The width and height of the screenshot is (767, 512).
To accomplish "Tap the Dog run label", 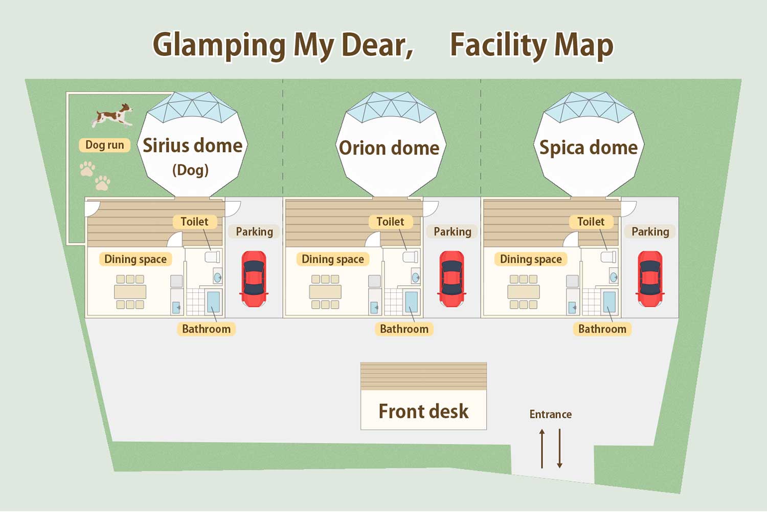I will (x=104, y=145).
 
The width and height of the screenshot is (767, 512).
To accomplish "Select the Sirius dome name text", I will (x=192, y=145).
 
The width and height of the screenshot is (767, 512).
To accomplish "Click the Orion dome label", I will (x=389, y=148).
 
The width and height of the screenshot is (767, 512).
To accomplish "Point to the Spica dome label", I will (x=589, y=147).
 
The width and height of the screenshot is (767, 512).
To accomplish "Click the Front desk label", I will (x=423, y=411).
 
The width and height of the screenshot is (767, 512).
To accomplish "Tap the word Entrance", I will (x=550, y=414).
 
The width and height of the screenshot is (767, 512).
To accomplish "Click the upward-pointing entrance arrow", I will (x=542, y=449).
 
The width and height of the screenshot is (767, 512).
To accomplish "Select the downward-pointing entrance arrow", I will (x=559, y=449).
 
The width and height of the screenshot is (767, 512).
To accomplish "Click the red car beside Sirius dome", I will (x=254, y=279).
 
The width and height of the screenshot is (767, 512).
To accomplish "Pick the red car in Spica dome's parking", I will (x=650, y=279).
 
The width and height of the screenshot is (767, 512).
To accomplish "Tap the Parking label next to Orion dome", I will (x=452, y=231).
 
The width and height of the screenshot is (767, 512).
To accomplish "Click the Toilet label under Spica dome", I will (x=591, y=222).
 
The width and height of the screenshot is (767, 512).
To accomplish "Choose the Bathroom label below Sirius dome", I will (x=206, y=329).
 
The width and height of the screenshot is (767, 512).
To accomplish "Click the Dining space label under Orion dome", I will (x=332, y=259).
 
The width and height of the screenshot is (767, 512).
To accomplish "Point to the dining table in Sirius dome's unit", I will (x=130, y=292).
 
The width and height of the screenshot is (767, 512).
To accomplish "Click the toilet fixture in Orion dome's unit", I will (x=411, y=257).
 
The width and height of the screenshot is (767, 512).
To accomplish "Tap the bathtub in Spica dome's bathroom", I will (x=609, y=302).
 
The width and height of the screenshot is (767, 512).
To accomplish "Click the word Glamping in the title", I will (x=219, y=45).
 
